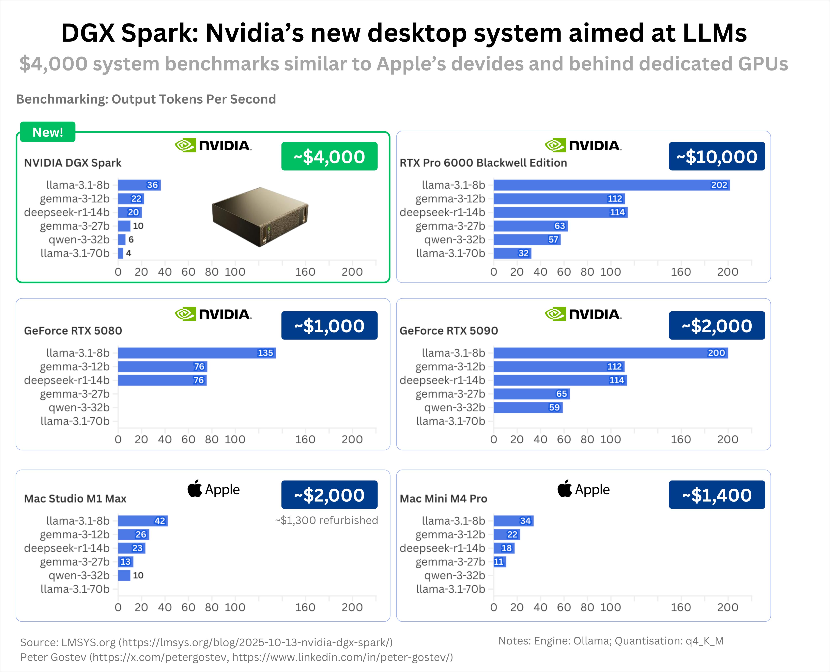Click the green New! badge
pyautogui.click(x=48, y=132)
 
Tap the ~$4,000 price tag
pyautogui.click(x=329, y=156)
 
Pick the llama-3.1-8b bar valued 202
pyautogui.click(x=611, y=185)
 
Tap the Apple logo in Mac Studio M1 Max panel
pyautogui.click(x=195, y=489)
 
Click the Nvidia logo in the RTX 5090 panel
pyautogui.click(x=583, y=314)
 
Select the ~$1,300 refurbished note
pyautogui.click(x=326, y=520)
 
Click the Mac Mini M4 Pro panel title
pyautogui.click(x=443, y=498)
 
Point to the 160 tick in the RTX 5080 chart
pyautogui.click(x=305, y=439)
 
